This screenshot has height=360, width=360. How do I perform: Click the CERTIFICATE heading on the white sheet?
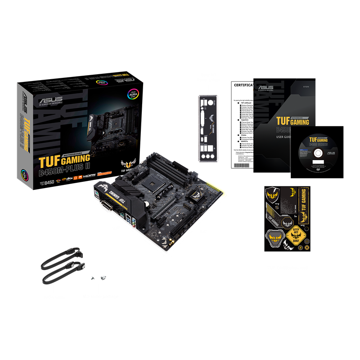tap(243, 85)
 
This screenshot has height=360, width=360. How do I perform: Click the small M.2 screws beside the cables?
tap(98, 278)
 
